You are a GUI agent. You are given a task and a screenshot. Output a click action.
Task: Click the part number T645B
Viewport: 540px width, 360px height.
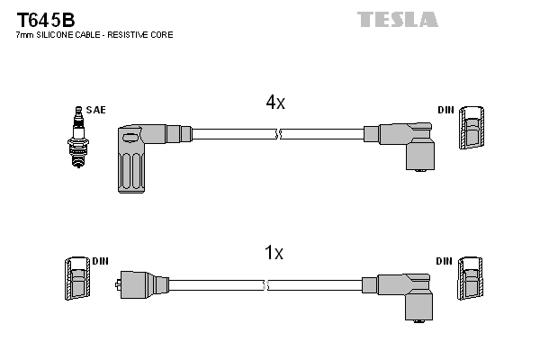45,19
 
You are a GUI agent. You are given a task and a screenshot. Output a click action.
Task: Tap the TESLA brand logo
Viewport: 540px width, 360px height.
397,19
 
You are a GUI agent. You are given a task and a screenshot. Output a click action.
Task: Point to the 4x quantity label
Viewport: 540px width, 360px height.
274,103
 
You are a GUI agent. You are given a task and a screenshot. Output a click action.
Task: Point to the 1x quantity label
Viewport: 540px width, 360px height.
274,254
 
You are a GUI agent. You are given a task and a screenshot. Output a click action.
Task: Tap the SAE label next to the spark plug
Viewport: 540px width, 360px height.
97,110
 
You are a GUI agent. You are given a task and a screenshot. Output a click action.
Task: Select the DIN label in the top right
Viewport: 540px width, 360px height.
445,110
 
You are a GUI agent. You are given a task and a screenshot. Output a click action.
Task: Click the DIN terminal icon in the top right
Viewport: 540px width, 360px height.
472,130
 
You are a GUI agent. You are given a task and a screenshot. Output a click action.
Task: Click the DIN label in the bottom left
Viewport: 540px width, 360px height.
100,261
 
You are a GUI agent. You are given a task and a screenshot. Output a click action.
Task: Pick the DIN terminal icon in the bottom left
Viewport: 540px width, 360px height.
76,281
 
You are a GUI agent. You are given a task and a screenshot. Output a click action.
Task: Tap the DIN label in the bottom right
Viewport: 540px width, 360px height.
444,261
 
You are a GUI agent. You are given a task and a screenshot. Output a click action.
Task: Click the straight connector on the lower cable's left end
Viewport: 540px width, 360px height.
139,285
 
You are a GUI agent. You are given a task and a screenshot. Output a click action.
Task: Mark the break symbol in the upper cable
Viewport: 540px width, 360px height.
278,134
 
